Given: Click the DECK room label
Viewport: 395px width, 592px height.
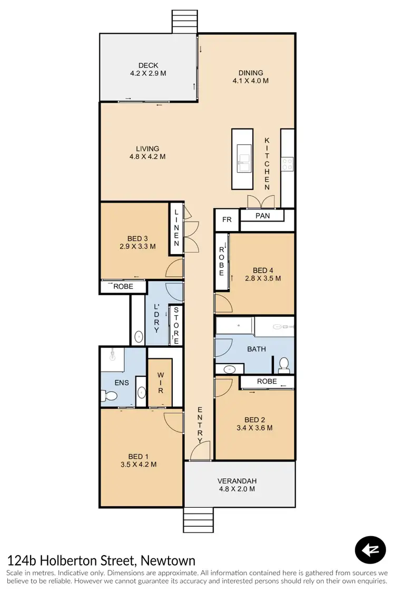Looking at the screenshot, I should pyautogui.click(x=148, y=65).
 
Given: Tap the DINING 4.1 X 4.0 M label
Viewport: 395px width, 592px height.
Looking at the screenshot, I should pyautogui.click(x=251, y=77).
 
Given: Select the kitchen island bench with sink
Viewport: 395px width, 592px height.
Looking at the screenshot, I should pyautogui.click(x=243, y=159).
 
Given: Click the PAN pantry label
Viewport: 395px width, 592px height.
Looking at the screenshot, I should pyautogui.click(x=262, y=216).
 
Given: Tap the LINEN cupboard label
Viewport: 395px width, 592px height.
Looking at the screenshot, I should pyautogui.click(x=176, y=227).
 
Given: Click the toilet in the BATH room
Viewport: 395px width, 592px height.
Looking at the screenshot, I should pyautogui.click(x=284, y=364).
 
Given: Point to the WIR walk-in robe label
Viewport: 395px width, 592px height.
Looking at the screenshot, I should pyautogui.click(x=160, y=383).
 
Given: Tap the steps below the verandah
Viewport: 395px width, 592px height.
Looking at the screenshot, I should pyautogui.click(x=199, y=521).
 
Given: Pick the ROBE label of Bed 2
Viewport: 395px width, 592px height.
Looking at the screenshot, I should pyautogui.click(x=267, y=381).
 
